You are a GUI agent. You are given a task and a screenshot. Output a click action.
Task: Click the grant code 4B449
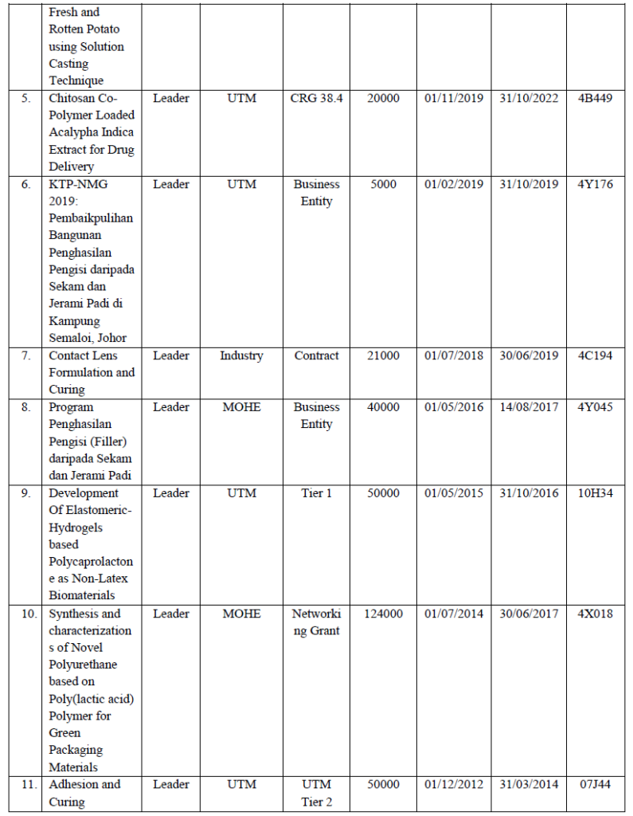point(595,98)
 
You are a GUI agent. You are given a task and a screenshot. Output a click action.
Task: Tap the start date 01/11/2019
point(453,98)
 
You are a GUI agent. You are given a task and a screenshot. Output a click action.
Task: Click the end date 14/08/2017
point(529,407)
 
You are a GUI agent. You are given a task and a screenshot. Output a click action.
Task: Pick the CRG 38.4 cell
point(316,98)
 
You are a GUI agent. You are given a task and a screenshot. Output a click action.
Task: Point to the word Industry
point(241,355)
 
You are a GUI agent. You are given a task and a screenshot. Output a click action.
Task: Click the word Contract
point(316,355)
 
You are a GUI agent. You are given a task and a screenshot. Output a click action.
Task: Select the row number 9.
point(26,493)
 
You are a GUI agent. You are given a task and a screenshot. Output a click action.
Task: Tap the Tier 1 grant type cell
point(316,493)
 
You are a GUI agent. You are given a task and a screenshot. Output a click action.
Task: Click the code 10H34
point(595,493)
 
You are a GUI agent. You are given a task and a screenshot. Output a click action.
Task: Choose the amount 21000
point(383,355)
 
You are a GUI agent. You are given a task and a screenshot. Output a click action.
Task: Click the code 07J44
point(595,784)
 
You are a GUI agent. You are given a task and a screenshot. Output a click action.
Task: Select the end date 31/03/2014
point(529,784)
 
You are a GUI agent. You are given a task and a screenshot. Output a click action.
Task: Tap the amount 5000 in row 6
point(383,184)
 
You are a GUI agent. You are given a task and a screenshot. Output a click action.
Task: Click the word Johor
point(111,338)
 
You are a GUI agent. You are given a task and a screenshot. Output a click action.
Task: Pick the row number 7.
point(26,355)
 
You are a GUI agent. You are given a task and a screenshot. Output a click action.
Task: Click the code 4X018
point(595,614)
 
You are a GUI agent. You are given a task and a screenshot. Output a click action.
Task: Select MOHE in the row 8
point(241,407)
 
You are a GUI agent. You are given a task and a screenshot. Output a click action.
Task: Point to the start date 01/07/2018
point(453,355)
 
